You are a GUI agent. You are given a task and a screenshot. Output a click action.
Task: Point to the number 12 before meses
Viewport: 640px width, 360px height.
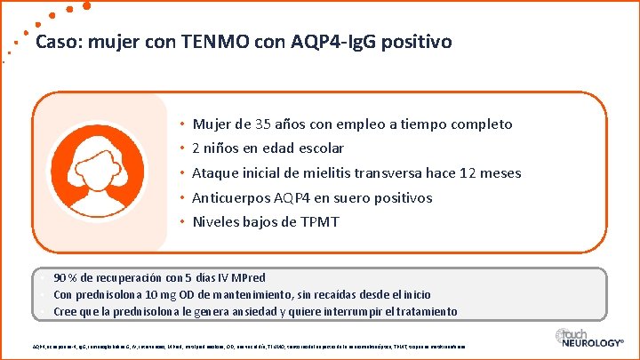(x=462, y=172)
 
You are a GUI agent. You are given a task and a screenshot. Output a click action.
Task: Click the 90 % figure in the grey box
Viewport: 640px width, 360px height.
(x=65, y=277)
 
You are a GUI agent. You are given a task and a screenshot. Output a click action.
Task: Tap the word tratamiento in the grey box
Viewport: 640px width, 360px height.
(x=426, y=311)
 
